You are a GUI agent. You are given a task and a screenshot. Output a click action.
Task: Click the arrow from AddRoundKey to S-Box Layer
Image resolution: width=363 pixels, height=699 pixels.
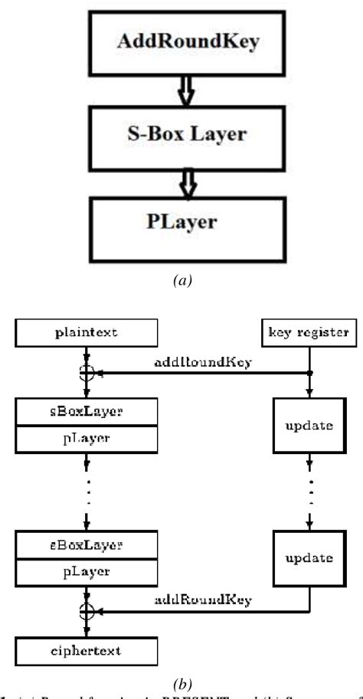tap(187, 91)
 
